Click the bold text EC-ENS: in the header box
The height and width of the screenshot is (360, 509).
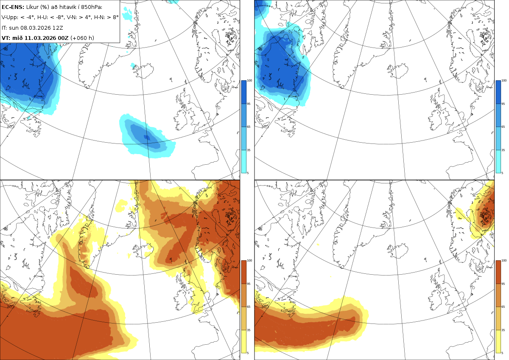tap(13, 7)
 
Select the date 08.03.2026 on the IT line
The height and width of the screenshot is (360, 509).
tap(35, 28)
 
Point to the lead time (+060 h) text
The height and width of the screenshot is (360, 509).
tap(82, 38)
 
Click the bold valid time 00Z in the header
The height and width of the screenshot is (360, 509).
tap(63, 38)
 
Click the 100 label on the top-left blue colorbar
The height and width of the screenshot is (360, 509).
tap(249, 81)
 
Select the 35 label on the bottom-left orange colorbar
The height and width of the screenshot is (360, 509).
tap(249, 330)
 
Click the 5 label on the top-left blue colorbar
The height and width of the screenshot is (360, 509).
tap(248, 173)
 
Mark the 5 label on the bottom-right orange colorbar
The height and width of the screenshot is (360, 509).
tap(502, 353)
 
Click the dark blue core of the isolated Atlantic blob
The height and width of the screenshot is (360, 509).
tap(147, 138)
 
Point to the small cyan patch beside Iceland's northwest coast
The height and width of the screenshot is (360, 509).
tap(133, 65)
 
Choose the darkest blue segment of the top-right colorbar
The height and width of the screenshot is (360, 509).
tap(498, 92)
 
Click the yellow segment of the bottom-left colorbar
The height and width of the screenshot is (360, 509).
tap(243, 341)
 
